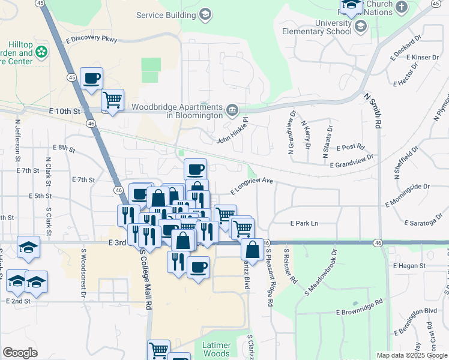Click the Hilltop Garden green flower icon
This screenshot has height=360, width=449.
point(41,52)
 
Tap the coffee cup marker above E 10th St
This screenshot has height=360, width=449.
point(91,79)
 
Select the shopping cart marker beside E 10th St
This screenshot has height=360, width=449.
point(112,100)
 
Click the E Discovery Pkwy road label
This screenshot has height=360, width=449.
point(92,40)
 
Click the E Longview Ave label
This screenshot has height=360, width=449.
point(252,184)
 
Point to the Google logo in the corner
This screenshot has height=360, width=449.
point(20,352)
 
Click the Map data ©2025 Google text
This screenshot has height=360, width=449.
point(411,355)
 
